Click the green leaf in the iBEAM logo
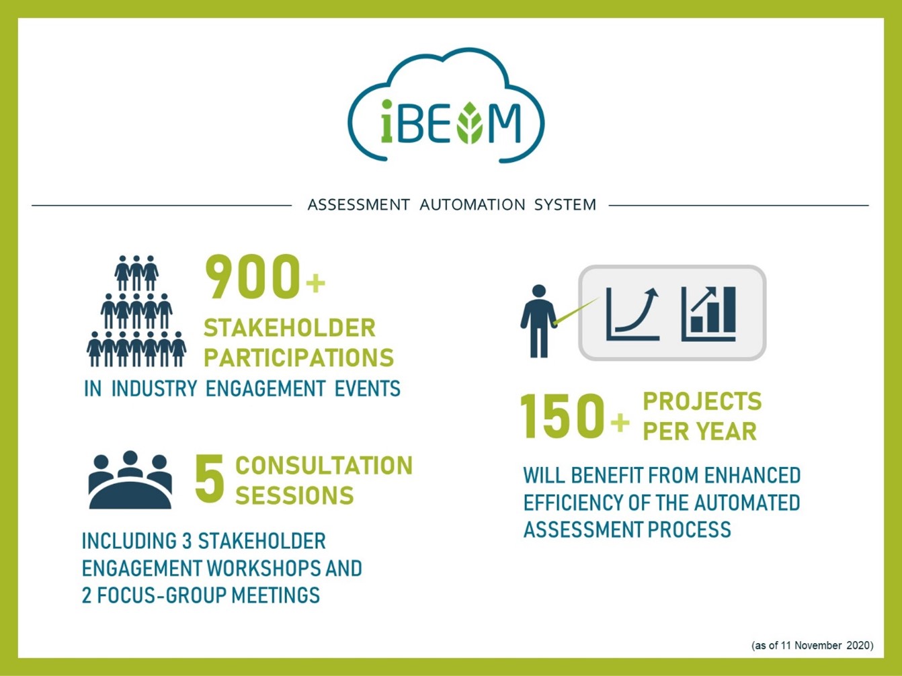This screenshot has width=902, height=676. click(x=470, y=123)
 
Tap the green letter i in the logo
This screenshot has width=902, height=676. click(x=386, y=122)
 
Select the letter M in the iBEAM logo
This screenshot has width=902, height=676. click(x=505, y=123)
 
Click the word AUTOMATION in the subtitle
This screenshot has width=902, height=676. click(x=472, y=204)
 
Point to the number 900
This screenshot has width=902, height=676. click(x=252, y=276)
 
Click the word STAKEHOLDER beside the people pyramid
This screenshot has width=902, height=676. click(x=290, y=328)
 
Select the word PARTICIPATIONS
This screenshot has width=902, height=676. click(x=298, y=357)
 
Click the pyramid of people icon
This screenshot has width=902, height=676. click(x=136, y=311)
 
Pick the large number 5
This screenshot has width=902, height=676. click(x=210, y=478)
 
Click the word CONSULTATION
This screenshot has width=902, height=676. click(x=324, y=465)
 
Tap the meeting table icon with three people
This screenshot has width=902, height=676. click(x=130, y=480)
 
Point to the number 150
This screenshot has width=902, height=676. click(x=562, y=416)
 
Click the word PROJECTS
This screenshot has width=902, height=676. click(x=702, y=401)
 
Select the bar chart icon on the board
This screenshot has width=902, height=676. click(x=708, y=314)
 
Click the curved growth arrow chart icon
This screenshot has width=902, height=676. click(x=633, y=314)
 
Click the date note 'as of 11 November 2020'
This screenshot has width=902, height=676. click(x=813, y=645)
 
